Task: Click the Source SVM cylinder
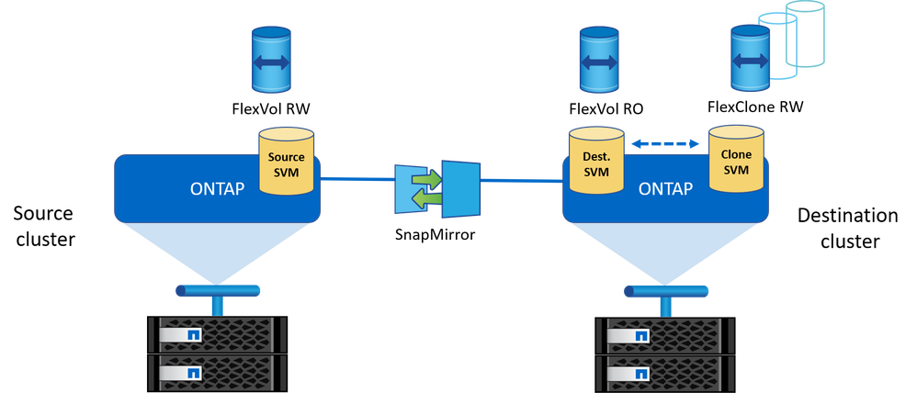coord(286,164)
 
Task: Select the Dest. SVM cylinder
coord(594,164)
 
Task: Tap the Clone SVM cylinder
coord(735,164)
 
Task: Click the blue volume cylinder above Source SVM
coord(271,62)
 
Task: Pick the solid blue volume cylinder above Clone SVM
coord(749,60)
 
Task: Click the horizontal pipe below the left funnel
coord(217,290)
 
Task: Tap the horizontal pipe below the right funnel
coord(667,290)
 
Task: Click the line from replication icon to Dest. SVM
coord(519,180)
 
